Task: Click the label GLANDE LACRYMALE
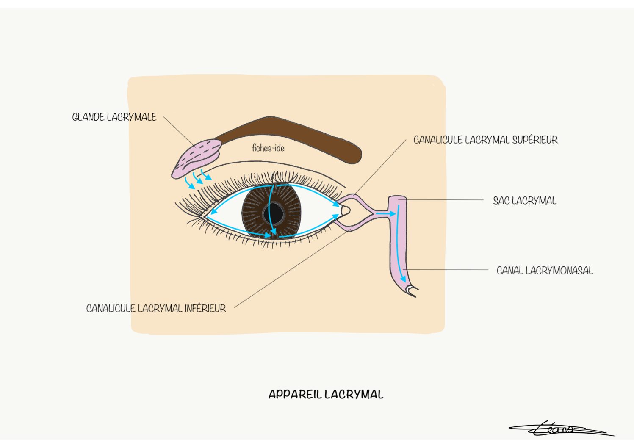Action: coord(114,117)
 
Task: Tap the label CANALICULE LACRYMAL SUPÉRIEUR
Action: coord(485,140)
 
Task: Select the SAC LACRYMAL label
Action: coord(524,201)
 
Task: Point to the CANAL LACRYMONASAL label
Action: coord(545,271)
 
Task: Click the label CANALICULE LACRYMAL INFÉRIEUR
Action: coord(156,308)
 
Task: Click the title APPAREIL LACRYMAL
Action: coord(326,395)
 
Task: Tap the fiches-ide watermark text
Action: coord(268,148)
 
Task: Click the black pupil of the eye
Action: coord(275,212)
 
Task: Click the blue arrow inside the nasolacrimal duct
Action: coord(401,246)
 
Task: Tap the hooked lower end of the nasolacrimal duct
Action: coord(411,290)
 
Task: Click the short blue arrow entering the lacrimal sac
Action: coord(385,214)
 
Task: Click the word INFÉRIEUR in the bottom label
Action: coord(205,308)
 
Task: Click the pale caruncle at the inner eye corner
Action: coord(345,210)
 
